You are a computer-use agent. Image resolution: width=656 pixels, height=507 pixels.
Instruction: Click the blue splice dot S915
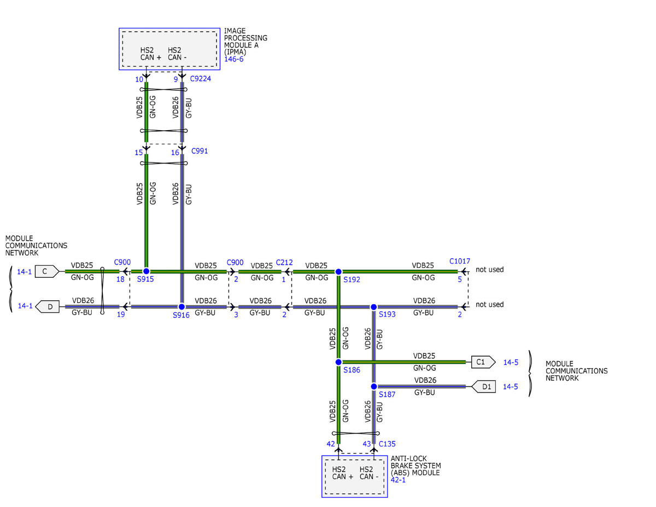(146, 271)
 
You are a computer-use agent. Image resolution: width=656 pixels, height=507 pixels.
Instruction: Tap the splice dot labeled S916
(181, 307)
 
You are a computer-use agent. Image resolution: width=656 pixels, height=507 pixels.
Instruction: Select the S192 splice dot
(338, 272)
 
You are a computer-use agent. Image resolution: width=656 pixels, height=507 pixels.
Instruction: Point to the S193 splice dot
(373, 307)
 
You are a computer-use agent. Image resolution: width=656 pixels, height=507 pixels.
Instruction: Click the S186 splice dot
(338, 362)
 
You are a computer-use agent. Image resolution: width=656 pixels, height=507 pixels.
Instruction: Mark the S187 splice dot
(374, 387)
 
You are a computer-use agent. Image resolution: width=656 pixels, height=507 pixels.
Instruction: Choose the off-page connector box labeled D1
(484, 387)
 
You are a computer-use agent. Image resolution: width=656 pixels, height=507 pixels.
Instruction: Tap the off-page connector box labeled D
(47, 307)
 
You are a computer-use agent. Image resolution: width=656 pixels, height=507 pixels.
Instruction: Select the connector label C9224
(201, 79)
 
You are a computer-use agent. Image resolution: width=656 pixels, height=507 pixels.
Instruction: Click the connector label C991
(200, 151)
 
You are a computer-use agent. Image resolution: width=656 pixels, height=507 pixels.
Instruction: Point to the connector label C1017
(460, 261)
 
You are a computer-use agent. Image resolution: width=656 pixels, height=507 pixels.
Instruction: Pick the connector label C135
(387, 444)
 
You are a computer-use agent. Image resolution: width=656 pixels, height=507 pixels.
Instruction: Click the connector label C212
(284, 263)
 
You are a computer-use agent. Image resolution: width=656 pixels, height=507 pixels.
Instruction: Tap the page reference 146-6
(233, 59)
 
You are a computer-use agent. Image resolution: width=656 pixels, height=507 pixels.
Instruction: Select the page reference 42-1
(398, 480)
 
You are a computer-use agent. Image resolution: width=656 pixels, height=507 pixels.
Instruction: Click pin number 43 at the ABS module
(366, 444)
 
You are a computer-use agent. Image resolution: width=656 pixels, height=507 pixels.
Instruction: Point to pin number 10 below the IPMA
(139, 79)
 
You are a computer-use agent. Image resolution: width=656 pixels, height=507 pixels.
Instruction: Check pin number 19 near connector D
(121, 314)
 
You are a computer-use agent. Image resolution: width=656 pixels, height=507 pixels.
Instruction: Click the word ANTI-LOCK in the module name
(409, 458)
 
